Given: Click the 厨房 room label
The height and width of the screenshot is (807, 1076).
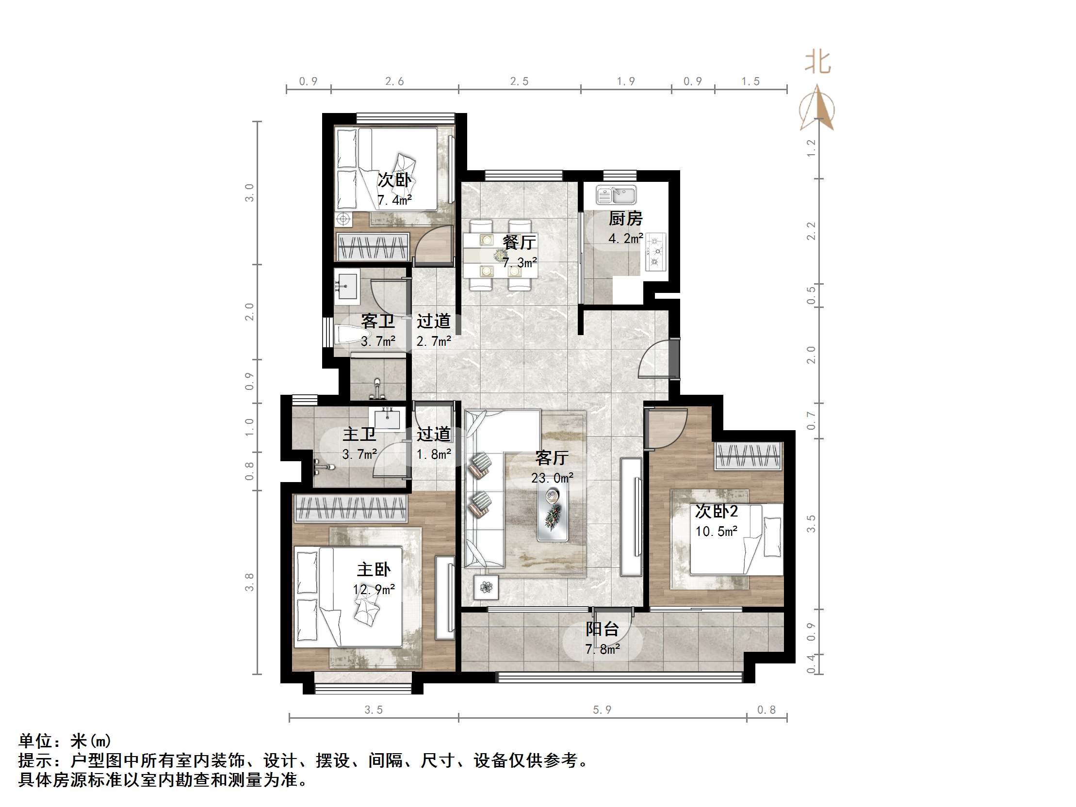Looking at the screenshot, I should pyautogui.click(x=625, y=218).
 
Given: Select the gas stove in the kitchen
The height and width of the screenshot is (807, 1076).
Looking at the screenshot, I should pyautogui.click(x=656, y=252).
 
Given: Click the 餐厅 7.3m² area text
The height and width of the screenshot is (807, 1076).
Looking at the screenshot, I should pyautogui.click(x=520, y=263).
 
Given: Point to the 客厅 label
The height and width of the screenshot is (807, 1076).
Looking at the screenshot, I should pyautogui.click(x=552, y=458).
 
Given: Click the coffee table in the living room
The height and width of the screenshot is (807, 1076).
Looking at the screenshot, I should pyautogui.click(x=553, y=514).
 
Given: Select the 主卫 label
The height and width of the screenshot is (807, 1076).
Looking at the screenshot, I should pyautogui.click(x=359, y=435).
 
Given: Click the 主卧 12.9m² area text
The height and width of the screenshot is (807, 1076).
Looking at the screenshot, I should pyautogui.click(x=374, y=590).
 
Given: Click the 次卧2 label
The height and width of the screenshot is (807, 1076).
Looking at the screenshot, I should pyautogui.click(x=716, y=511).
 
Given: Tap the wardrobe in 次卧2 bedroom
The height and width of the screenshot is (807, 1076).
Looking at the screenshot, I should pyautogui.click(x=748, y=456).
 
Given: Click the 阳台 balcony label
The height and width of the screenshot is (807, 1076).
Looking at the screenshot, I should pyautogui.click(x=602, y=629).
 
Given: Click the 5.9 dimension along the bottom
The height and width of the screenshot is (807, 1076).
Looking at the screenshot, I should pyautogui.click(x=602, y=710).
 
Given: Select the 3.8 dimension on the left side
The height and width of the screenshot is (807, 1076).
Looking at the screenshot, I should pyautogui.click(x=249, y=582).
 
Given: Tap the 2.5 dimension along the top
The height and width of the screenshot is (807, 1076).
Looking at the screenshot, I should pyautogui.click(x=519, y=81).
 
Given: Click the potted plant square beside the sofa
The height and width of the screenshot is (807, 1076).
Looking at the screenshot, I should pyautogui.click(x=486, y=588).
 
